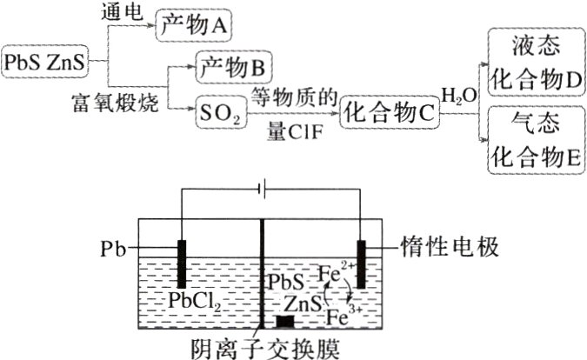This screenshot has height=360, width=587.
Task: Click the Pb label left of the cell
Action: [114, 250]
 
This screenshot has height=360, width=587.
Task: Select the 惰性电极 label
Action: [450, 248]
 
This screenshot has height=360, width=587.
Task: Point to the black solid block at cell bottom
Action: [283, 320]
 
